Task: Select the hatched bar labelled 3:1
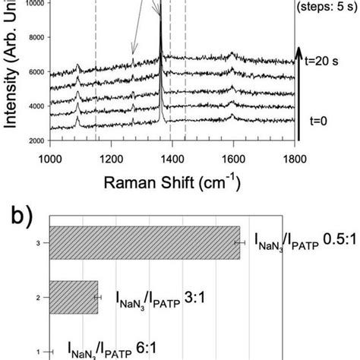74,297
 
